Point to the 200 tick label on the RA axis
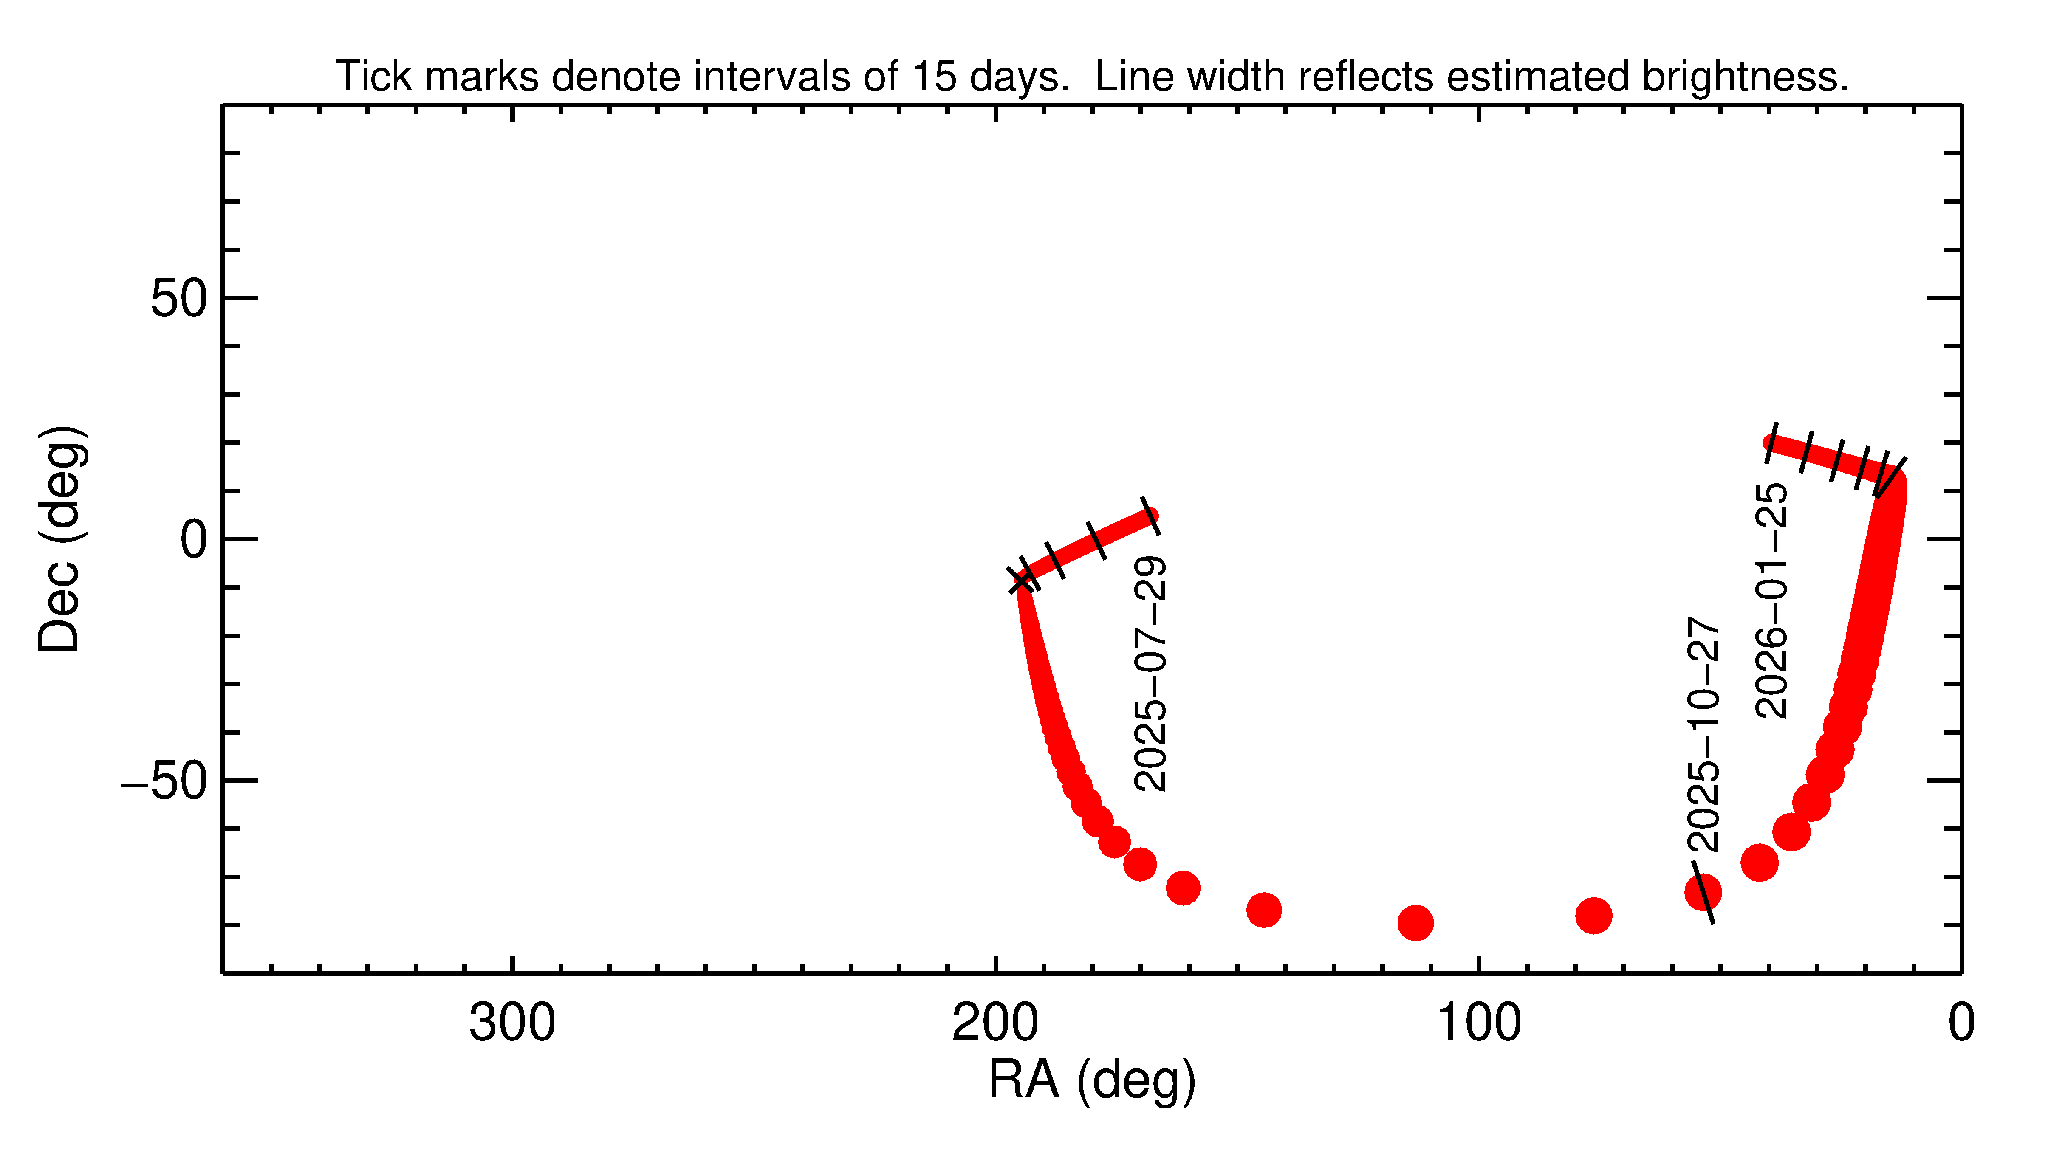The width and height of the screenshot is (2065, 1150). [x=995, y=1023]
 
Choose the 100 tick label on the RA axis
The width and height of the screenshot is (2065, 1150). [x=1478, y=1023]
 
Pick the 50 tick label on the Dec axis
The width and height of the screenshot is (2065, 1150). [x=179, y=299]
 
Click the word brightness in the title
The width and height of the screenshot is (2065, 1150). [x=1743, y=77]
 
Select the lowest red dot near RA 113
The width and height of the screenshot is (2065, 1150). [x=1416, y=922]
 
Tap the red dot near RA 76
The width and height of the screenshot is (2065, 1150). [x=1593, y=915]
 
